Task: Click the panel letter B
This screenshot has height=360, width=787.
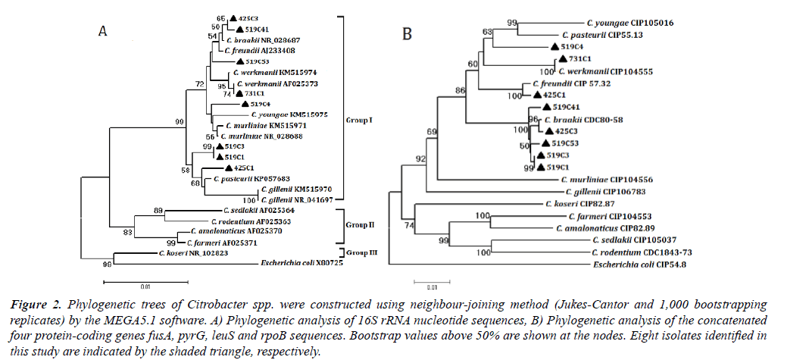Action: click(407, 35)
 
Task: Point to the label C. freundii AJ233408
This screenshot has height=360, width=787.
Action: click(254, 51)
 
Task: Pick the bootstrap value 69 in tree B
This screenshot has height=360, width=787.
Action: click(432, 133)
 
